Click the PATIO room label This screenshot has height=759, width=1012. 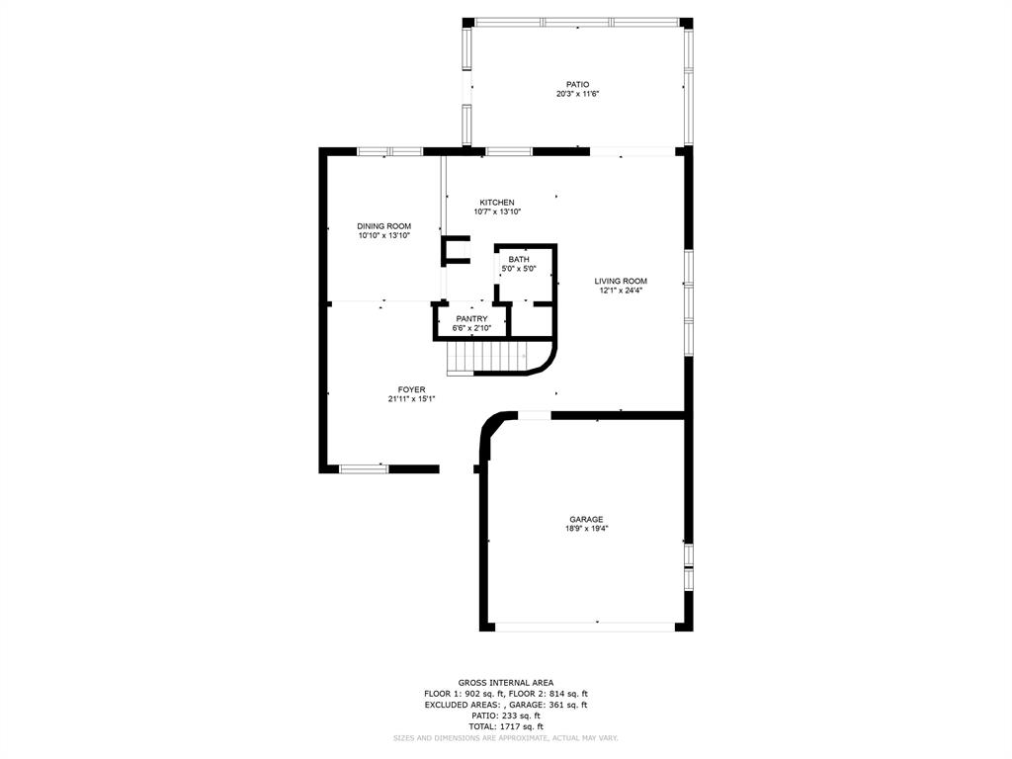(577, 85)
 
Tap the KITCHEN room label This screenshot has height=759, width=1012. (497, 203)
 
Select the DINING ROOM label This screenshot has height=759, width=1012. (384, 226)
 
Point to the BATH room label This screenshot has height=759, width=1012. (519, 260)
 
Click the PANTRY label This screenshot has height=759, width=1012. (471, 319)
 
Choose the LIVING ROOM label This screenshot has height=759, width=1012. (621, 282)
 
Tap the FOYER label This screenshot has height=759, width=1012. (412, 389)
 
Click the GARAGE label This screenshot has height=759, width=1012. (587, 520)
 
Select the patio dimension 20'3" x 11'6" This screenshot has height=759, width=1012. (578, 94)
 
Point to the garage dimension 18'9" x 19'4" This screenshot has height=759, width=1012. (587, 529)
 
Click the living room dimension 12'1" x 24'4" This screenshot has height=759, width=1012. (621, 291)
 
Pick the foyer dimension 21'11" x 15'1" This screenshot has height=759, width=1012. (412, 399)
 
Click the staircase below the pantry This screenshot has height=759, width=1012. (496, 358)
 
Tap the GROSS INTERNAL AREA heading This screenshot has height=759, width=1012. (506, 683)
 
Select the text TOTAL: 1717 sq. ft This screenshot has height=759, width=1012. (506, 726)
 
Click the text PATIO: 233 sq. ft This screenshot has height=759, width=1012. (506, 716)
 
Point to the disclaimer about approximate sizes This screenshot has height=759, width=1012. (506, 737)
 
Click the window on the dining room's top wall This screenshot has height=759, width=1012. (389, 151)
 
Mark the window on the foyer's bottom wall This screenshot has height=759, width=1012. (364, 469)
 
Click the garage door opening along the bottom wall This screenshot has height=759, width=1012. (585, 626)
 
